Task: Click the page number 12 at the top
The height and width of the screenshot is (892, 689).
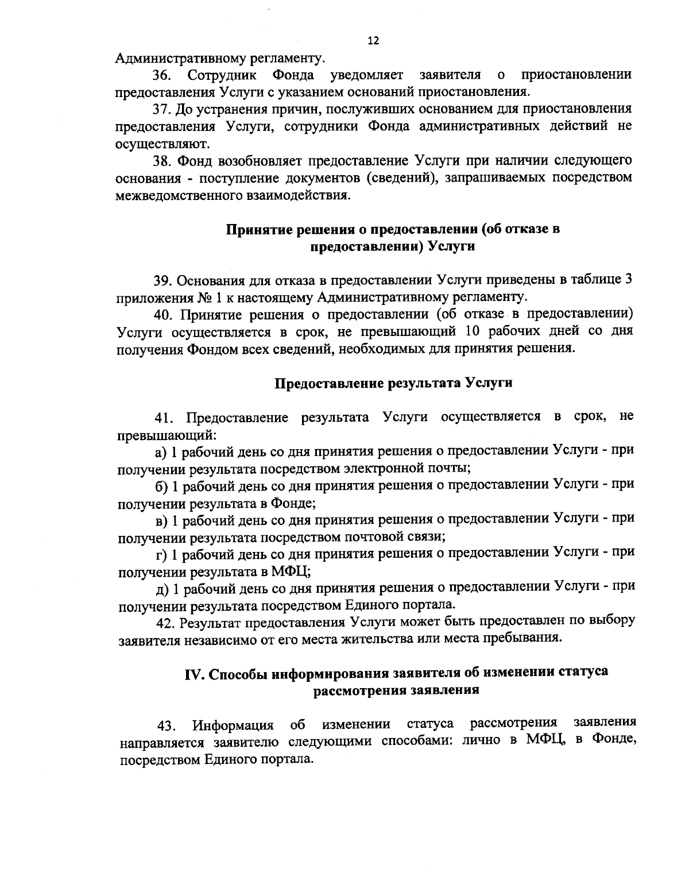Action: click(x=373, y=41)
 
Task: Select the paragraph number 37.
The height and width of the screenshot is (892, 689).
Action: click(x=162, y=109)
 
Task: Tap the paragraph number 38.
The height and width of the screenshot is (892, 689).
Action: click(x=162, y=160)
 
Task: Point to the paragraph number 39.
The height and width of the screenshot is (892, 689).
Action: click(x=162, y=280)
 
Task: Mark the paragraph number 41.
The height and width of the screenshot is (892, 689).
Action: click(x=162, y=417)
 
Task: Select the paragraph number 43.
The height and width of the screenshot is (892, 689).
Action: click(x=167, y=726)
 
